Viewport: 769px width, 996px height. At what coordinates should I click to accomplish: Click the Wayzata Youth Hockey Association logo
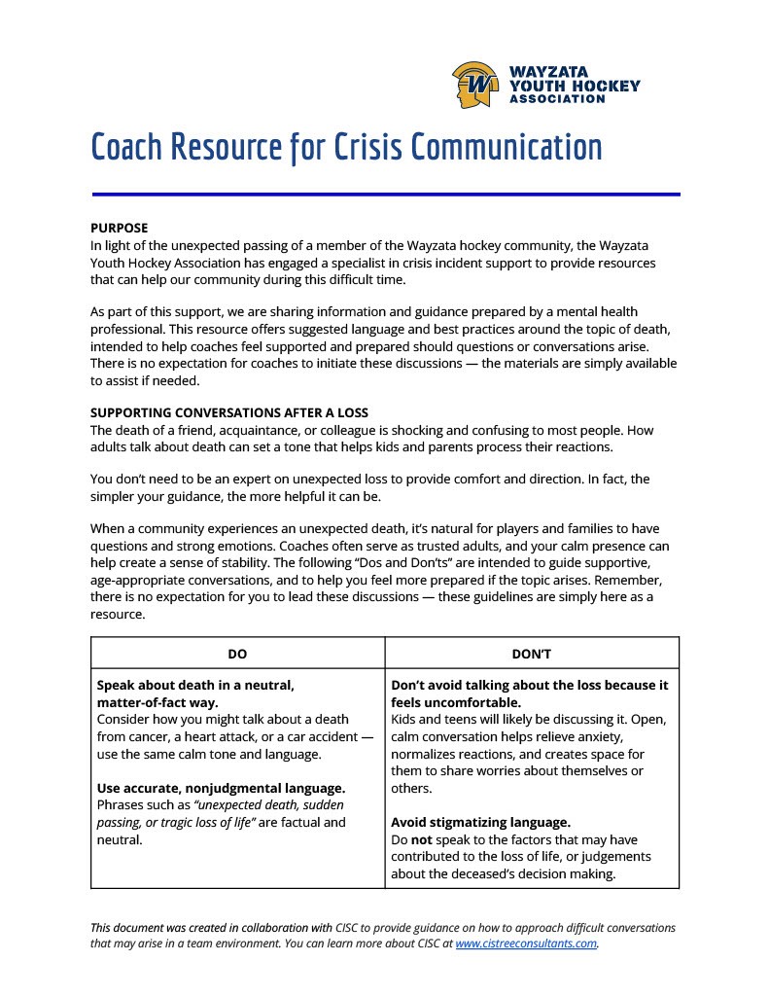coord(544,85)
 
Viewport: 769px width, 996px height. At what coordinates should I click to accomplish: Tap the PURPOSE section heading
coord(119,228)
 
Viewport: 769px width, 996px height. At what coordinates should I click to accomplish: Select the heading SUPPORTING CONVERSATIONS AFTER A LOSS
coord(229,412)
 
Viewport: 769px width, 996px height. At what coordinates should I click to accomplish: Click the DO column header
coord(237,654)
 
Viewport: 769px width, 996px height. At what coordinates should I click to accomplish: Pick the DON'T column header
coord(532,654)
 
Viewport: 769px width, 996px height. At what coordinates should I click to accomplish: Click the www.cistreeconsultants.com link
coord(525,943)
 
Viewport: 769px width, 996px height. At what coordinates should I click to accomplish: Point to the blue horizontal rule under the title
coord(385,195)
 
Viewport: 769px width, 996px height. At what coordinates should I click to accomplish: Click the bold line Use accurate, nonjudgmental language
coord(222,788)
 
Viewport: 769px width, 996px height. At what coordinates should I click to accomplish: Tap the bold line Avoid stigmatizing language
coord(480,822)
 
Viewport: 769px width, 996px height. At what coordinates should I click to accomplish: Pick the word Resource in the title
coord(227,147)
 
